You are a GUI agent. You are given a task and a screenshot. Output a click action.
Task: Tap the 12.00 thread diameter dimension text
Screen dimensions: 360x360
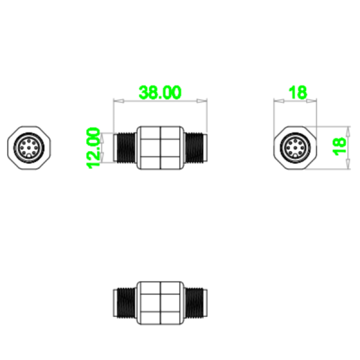[x=94, y=148]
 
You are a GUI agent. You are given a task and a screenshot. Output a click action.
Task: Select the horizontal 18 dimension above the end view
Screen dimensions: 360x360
[x=297, y=92]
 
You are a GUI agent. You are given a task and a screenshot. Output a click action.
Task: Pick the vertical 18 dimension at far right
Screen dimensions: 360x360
[x=340, y=148]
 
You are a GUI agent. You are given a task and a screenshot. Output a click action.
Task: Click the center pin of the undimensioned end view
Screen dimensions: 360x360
[x=28, y=148]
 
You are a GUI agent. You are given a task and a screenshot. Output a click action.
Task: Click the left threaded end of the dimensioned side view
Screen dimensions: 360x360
[x=125, y=148]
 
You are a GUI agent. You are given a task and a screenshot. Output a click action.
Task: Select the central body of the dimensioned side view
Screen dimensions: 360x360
[x=160, y=148]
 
